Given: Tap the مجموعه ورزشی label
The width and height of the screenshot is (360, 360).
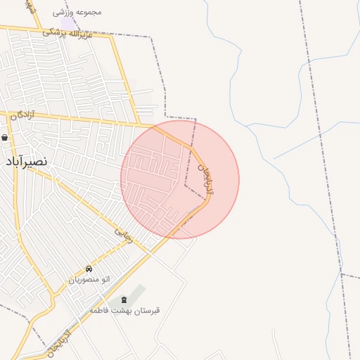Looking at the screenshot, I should click(x=77, y=12).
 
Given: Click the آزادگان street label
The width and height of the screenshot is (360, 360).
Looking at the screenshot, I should click(x=22, y=115).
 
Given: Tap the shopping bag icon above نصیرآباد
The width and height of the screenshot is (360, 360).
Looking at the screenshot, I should click(x=6, y=138).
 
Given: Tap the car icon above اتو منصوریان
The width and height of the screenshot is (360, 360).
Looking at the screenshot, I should click(x=89, y=269).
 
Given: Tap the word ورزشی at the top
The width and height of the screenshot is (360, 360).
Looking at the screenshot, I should click(x=65, y=12).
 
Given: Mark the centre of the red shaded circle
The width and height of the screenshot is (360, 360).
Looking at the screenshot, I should click(x=180, y=179).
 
